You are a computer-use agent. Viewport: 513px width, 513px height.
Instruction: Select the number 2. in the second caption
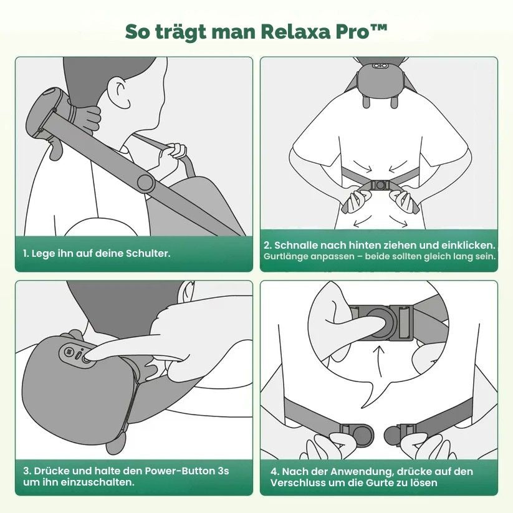pyautogui.click(x=267, y=246)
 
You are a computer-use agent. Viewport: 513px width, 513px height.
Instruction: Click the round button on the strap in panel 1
pyautogui.click(x=146, y=183)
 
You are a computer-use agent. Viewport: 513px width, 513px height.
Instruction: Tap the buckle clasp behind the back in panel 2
pyautogui.click(x=378, y=185)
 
